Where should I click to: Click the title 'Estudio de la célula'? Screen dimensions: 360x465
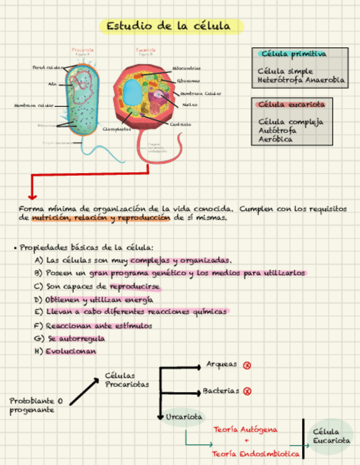172,26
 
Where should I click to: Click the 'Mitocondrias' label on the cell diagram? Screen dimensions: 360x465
186,68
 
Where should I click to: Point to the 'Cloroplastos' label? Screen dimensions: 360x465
117,129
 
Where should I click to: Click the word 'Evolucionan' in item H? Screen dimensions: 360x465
71,351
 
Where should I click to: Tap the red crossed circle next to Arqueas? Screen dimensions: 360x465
247,365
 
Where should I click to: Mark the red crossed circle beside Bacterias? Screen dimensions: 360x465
247,392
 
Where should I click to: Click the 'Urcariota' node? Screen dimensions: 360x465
183,417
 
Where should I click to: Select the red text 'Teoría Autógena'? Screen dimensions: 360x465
245,429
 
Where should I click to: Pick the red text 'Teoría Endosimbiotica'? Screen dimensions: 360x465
256,454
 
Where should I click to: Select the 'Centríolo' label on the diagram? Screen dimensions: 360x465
180,124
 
